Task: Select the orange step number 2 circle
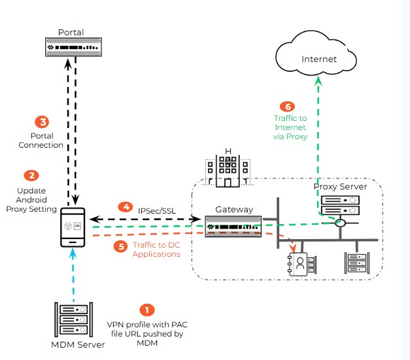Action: tap(30, 175)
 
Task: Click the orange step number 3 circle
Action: tap(42, 122)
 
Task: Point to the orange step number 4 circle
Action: tap(124, 206)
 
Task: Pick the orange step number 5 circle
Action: tap(120, 246)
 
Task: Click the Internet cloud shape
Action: tap(318, 59)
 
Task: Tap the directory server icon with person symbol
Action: tap(301, 264)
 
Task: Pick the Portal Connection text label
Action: tap(42, 140)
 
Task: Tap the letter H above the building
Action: tap(228, 152)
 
